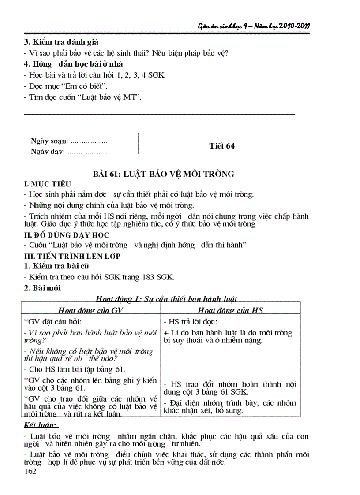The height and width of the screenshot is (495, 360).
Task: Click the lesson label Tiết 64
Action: (221, 146)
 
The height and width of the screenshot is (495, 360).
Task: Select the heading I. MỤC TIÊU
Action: (48, 183)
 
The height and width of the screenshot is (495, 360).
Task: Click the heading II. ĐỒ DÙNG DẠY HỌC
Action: (66, 235)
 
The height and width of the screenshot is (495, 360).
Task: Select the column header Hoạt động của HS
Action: (230, 310)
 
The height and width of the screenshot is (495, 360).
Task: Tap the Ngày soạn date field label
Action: (49, 141)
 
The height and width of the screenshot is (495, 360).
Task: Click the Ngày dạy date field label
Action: (48, 152)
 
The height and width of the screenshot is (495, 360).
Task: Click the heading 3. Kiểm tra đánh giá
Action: (60, 42)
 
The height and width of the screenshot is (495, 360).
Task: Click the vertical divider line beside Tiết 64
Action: (138, 144)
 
